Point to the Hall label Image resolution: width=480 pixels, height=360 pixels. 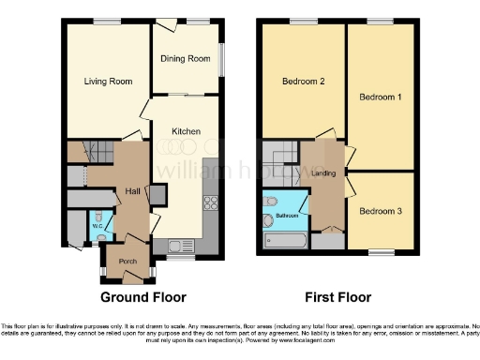133,192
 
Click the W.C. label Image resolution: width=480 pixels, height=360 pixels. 97,225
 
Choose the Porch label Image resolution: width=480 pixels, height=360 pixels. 127,261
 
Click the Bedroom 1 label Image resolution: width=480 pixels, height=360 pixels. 381,97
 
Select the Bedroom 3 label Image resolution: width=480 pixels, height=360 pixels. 380,211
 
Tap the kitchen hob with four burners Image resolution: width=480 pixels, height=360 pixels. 211,204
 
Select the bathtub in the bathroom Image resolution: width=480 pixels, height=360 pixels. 284,243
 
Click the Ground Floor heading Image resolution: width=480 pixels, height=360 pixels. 143,297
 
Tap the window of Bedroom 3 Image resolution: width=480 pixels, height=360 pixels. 381,252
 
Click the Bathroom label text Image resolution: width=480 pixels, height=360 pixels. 286,217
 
